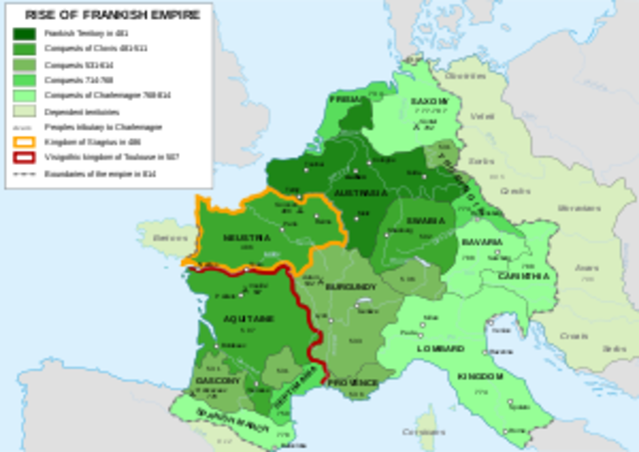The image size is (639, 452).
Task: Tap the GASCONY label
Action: click(x=219, y=381)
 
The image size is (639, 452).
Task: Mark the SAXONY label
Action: click(x=430, y=103)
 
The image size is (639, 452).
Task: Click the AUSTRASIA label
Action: click(x=360, y=192)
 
